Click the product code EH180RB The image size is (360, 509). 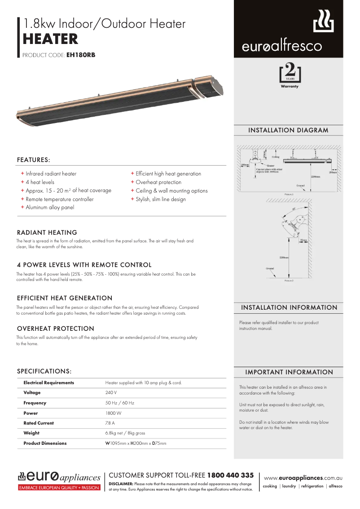click(x=80, y=56)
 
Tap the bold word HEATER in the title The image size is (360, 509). click(x=50, y=39)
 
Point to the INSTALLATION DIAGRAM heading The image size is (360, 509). click(x=288, y=130)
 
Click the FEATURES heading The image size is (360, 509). click(x=33, y=160)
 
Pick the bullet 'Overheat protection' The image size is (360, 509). click(x=158, y=182)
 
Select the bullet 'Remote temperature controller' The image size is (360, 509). click(x=59, y=199)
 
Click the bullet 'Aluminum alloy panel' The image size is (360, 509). click(x=49, y=207)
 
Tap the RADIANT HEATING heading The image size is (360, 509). click(x=47, y=233)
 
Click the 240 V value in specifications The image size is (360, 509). click(x=111, y=393)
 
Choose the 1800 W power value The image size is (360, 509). click(x=113, y=413)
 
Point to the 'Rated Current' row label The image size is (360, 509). click(x=39, y=423)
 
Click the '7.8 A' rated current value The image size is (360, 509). click(x=110, y=423)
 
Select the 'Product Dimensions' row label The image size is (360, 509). click(x=45, y=443)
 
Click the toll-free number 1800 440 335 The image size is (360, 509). click(x=230, y=475)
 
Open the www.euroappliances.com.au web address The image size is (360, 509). click(x=303, y=478)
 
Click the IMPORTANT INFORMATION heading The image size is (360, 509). click(x=289, y=372)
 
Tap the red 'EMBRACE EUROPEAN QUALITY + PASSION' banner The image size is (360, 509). click(x=59, y=487)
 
